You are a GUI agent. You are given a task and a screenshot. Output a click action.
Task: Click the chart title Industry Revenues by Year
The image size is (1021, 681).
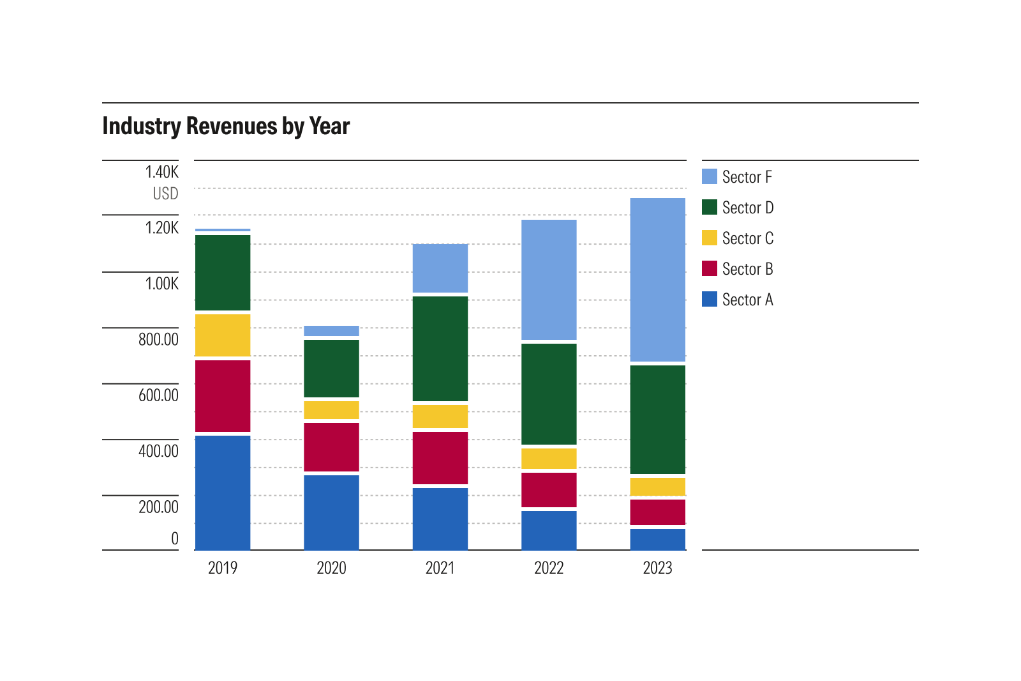pyautogui.click(x=226, y=126)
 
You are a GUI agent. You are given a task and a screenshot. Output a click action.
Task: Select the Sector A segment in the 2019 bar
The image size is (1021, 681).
pyautogui.click(x=223, y=492)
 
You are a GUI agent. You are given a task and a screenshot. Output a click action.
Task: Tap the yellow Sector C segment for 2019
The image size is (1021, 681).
pyautogui.click(x=223, y=335)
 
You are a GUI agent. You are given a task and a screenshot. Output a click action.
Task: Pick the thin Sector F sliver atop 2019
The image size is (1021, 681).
pyautogui.click(x=223, y=230)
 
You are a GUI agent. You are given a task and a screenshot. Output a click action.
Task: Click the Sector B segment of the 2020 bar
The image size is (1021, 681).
pyautogui.click(x=331, y=447)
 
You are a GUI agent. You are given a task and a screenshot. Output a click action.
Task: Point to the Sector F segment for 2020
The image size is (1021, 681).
pyautogui.click(x=331, y=331)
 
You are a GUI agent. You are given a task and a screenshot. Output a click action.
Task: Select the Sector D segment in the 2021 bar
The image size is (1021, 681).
pyautogui.click(x=440, y=349)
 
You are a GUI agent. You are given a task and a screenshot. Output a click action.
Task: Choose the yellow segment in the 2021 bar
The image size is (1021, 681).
pyautogui.click(x=440, y=417)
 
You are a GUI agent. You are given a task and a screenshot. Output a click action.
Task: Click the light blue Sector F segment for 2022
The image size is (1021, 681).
pyautogui.click(x=549, y=280)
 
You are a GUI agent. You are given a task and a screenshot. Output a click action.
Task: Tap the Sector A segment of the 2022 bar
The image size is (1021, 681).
pyautogui.click(x=549, y=530)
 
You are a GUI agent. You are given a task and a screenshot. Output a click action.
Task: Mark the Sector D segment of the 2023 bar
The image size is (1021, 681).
pyautogui.click(x=657, y=419)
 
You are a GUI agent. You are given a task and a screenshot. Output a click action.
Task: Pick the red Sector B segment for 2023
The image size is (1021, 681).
pyautogui.click(x=657, y=512)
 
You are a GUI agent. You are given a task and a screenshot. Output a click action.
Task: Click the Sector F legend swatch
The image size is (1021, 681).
pyautogui.click(x=710, y=176)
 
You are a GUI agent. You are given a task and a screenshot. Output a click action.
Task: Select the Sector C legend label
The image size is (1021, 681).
pyautogui.click(x=747, y=238)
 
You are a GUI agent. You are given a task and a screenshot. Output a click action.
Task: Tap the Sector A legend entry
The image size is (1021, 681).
pyautogui.click(x=747, y=300)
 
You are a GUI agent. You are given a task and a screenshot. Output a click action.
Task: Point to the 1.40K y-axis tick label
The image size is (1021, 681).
pyautogui.click(x=161, y=172)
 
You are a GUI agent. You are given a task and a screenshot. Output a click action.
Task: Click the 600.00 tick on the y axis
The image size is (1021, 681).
pyautogui.click(x=158, y=395)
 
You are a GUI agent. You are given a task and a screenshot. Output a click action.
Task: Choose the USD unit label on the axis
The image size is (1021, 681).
pyautogui.click(x=165, y=194)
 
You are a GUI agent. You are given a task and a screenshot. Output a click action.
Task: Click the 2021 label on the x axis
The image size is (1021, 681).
pyautogui.click(x=440, y=568)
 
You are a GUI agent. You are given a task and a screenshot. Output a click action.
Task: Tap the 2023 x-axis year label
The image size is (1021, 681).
pyautogui.click(x=657, y=568)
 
